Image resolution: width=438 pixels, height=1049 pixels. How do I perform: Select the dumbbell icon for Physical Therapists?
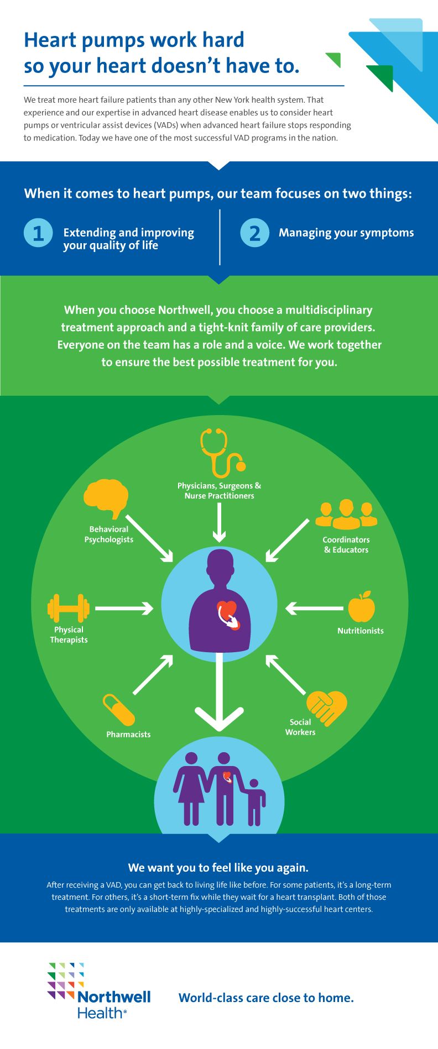click(x=69, y=609)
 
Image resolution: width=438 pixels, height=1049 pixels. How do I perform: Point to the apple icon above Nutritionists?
click(x=361, y=607)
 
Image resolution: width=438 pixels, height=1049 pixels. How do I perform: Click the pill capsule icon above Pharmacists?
click(x=119, y=710)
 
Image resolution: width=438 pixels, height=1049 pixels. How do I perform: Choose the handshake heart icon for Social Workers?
click(x=327, y=707)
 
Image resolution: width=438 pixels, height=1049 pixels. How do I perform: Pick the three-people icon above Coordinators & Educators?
click(x=346, y=515)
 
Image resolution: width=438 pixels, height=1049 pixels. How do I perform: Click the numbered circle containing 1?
click(x=38, y=233)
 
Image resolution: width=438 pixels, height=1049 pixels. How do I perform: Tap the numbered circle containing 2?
click(x=255, y=233)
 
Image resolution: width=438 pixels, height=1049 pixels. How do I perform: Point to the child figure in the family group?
click(x=255, y=803)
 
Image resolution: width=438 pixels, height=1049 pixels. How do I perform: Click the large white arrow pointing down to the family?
click(x=220, y=691)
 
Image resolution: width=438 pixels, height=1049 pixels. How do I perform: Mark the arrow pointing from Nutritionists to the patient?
click(x=314, y=609)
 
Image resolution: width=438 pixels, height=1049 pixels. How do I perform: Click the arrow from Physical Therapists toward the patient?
click(x=124, y=609)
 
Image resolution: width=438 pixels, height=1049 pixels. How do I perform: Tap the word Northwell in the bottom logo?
click(x=114, y=996)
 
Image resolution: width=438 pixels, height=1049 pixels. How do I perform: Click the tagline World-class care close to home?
click(x=266, y=998)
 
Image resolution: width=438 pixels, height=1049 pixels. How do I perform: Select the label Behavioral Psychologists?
click(x=109, y=534)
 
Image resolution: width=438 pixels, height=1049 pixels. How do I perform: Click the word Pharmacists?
click(x=128, y=735)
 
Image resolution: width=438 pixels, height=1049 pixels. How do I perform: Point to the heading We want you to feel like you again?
click(x=218, y=867)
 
